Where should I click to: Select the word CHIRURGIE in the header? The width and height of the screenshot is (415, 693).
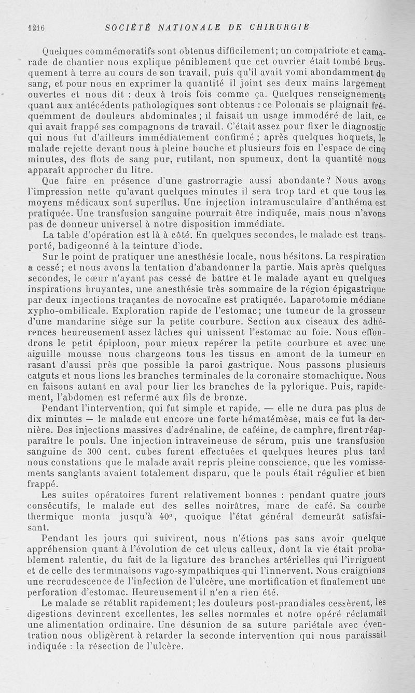pyautogui.click(x=280, y=27)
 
